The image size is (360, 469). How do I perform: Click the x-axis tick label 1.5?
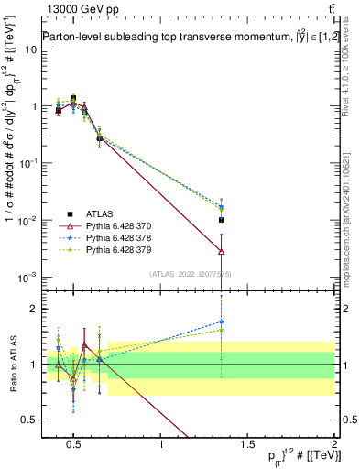point(247,445)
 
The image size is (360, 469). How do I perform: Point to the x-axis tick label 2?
point(333,445)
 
